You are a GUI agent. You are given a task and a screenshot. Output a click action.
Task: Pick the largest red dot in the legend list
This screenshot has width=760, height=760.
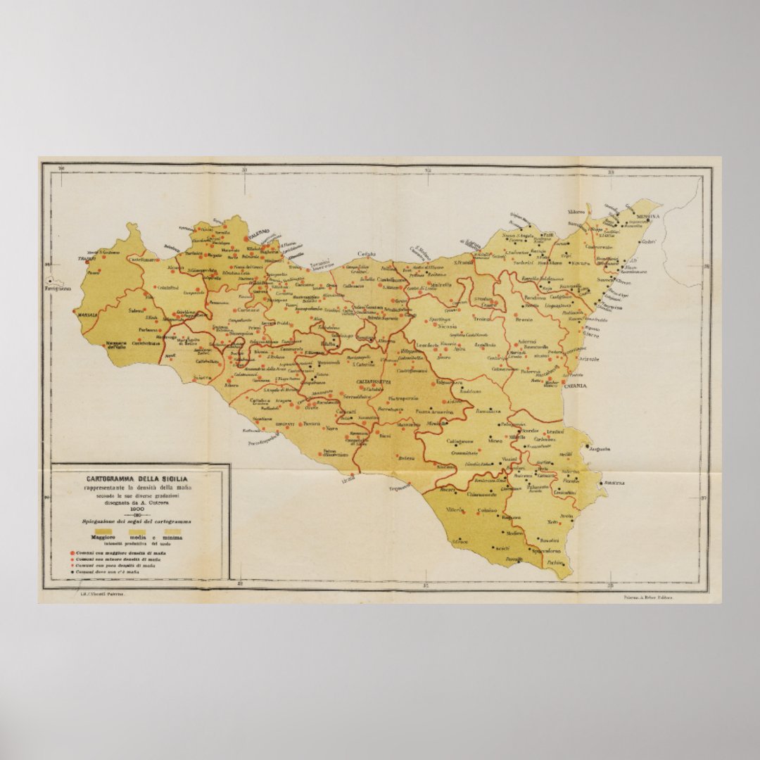coord(72,552)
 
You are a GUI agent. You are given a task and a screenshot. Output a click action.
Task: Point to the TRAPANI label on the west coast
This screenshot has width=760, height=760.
coord(87,259)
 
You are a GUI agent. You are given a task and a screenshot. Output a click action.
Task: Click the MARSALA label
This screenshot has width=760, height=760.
coord(87,315)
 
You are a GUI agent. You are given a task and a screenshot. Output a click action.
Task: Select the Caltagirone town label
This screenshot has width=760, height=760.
coord(461,441)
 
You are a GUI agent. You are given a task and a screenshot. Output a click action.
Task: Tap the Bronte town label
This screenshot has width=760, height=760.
coord(524,319)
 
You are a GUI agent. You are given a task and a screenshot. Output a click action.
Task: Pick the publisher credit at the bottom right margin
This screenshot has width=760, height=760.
coord(648,597)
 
